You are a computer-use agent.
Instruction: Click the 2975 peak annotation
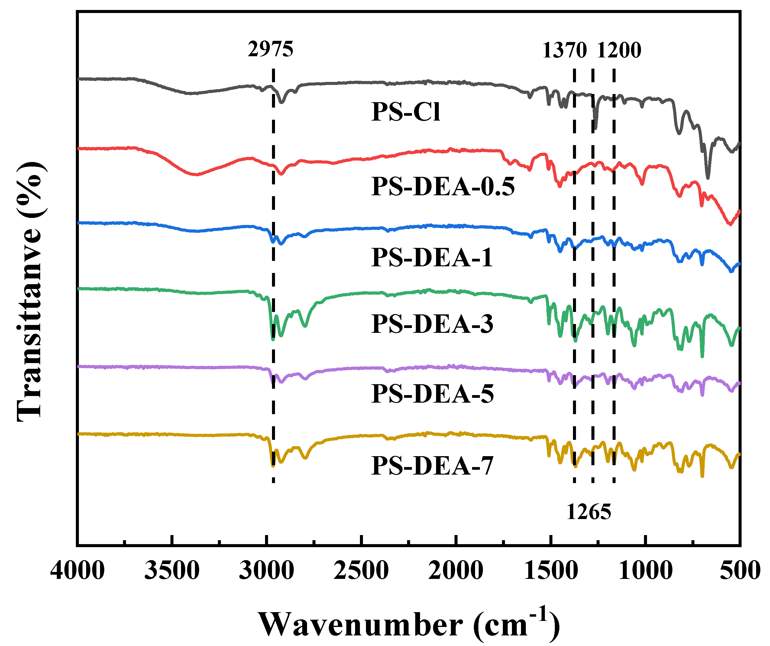point(270,49)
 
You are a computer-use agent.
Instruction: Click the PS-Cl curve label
point(406,112)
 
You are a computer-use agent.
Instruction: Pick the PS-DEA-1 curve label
point(432,258)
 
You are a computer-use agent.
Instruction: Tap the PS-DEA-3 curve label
point(432,324)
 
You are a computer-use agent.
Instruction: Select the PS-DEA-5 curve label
point(432,394)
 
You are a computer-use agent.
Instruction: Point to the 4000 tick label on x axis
point(77,571)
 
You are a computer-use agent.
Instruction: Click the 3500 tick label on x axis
point(172,571)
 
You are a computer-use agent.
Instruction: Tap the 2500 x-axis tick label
point(361,571)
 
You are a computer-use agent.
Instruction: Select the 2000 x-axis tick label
point(455,571)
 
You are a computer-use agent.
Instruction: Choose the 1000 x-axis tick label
point(645,571)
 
